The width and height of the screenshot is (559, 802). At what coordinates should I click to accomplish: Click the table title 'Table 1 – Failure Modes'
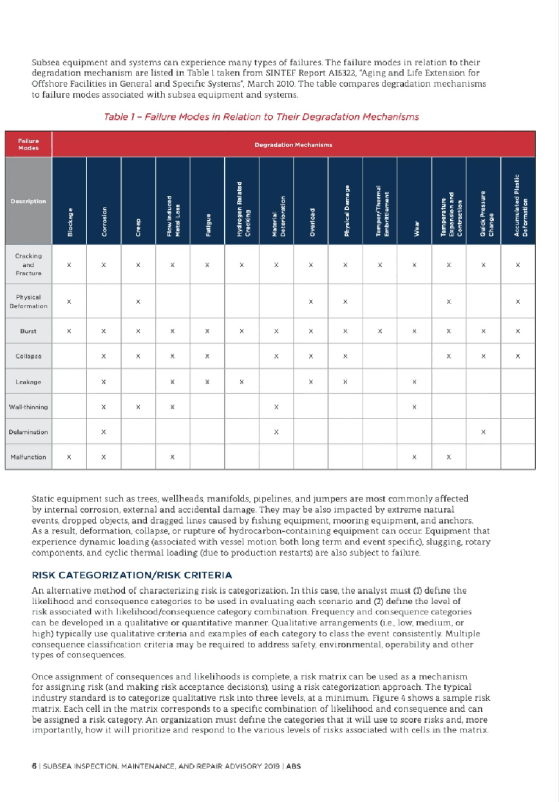[261, 117]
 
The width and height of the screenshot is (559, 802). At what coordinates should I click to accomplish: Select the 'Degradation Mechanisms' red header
[293, 144]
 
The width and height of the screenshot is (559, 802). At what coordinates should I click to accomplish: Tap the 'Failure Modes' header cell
[28, 144]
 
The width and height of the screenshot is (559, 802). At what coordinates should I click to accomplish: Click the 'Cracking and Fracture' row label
[28, 264]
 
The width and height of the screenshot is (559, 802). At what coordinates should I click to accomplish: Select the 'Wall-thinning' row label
[28, 407]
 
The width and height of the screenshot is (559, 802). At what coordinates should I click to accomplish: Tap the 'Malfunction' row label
[28, 457]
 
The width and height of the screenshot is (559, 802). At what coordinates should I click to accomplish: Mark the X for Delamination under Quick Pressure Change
[484, 432]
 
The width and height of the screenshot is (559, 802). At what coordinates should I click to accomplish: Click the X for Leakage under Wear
[415, 382]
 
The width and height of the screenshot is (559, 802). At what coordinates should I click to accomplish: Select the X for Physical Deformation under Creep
[138, 301]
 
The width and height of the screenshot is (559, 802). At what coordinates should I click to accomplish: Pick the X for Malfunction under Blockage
[70, 457]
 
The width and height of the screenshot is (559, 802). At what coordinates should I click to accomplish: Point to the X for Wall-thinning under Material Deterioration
[276, 407]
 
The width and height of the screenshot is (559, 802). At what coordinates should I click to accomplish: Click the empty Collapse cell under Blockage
[70, 357]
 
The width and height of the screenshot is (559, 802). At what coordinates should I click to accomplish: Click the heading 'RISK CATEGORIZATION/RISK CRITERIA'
[132, 574]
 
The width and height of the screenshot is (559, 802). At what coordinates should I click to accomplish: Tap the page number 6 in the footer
[33, 767]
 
